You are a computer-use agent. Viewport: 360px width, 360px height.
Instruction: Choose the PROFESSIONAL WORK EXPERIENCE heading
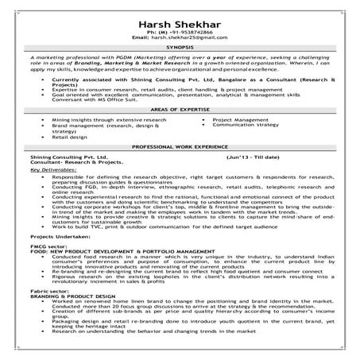[x=180, y=148]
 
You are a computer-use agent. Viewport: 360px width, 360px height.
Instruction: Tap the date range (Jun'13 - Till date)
[x=253, y=158]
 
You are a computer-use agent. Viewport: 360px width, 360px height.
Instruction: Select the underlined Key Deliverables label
[x=51, y=170]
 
